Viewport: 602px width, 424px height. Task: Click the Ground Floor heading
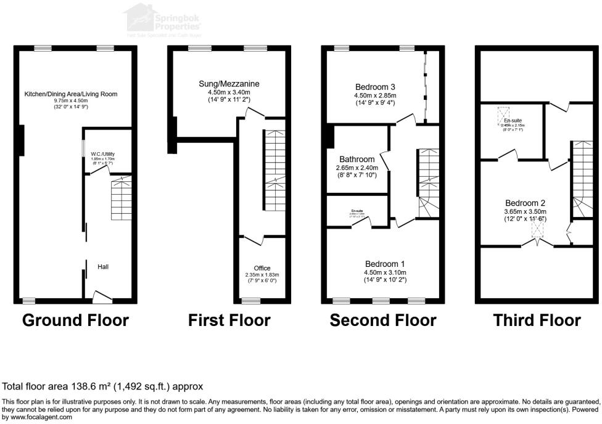(x=76, y=320)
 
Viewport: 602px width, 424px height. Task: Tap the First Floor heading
(x=229, y=320)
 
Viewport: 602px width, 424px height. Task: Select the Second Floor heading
(x=382, y=320)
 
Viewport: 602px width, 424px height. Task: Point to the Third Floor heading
(x=537, y=320)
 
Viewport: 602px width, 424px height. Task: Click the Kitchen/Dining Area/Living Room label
(x=70, y=94)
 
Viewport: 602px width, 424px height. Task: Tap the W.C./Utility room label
(x=103, y=154)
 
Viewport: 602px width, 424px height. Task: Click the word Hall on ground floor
(x=104, y=267)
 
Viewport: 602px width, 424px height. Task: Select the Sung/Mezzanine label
(x=229, y=84)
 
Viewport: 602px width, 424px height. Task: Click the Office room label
(x=262, y=268)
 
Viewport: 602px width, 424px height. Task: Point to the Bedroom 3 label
(x=374, y=86)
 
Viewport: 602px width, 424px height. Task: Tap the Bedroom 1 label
(x=385, y=263)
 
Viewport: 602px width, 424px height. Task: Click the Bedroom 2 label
(x=525, y=203)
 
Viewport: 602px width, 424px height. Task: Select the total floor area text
(x=103, y=386)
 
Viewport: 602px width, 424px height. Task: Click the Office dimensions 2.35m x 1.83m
(x=262, y=275)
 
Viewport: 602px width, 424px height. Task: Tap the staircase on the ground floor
(x=121, y=200)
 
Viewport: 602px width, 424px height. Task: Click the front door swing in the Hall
(x=102, y=297)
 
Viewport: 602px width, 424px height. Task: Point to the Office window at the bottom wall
(x=251, y=301)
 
